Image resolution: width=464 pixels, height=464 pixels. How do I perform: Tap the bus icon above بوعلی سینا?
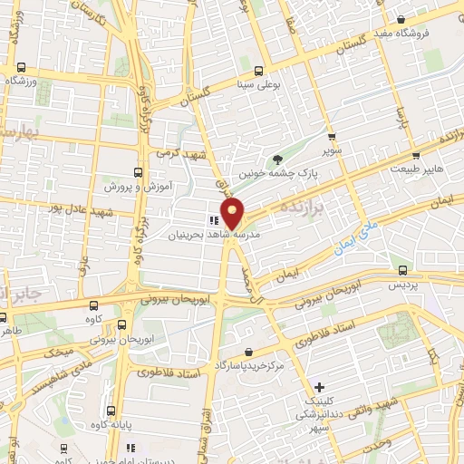[x=260, y=70]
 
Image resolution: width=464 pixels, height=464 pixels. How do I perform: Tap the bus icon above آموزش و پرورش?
[x=138, y=171]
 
